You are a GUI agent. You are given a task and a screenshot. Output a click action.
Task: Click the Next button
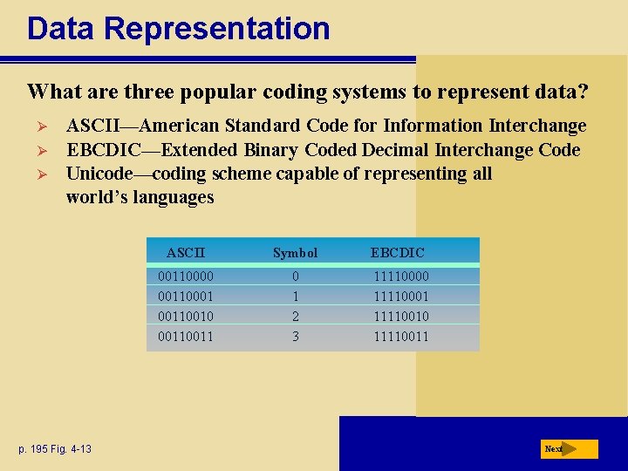point(568,448)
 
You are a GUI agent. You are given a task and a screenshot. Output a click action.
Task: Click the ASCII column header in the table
point(186,253)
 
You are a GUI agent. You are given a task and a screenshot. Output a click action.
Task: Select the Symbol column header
point(295,253)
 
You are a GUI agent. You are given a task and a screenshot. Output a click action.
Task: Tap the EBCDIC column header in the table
point(398,253)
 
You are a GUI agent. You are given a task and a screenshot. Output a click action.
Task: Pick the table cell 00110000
point(186,276)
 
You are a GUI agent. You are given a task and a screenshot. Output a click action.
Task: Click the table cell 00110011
point(186,336)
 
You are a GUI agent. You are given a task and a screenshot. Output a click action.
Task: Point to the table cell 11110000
point(401,276)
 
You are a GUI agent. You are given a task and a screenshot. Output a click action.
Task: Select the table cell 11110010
point(401,316)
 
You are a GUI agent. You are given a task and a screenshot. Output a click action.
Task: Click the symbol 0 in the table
point(295,276)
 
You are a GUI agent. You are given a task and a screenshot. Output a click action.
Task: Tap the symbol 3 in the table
point(295,336)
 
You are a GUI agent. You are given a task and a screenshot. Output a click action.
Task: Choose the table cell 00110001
point(186,296)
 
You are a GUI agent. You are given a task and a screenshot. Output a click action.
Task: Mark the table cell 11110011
point(401,336)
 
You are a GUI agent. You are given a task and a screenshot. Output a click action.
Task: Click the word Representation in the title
point(216,29)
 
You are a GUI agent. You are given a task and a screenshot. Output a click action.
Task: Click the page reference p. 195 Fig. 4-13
point(54,449)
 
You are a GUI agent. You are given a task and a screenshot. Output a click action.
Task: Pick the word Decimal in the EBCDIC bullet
point(397,150)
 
